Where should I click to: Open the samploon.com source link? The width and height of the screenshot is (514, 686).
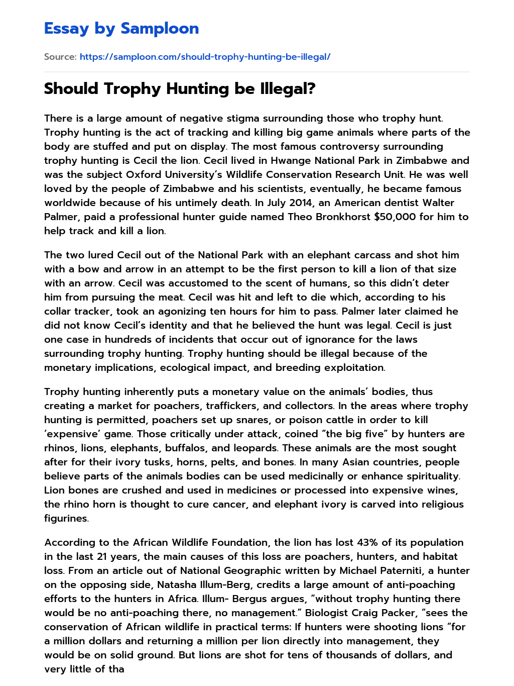(x=205, y=57)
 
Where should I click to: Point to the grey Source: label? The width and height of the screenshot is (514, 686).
(x=60, y=57)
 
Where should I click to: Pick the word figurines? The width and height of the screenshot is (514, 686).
(x=66, y=518)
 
